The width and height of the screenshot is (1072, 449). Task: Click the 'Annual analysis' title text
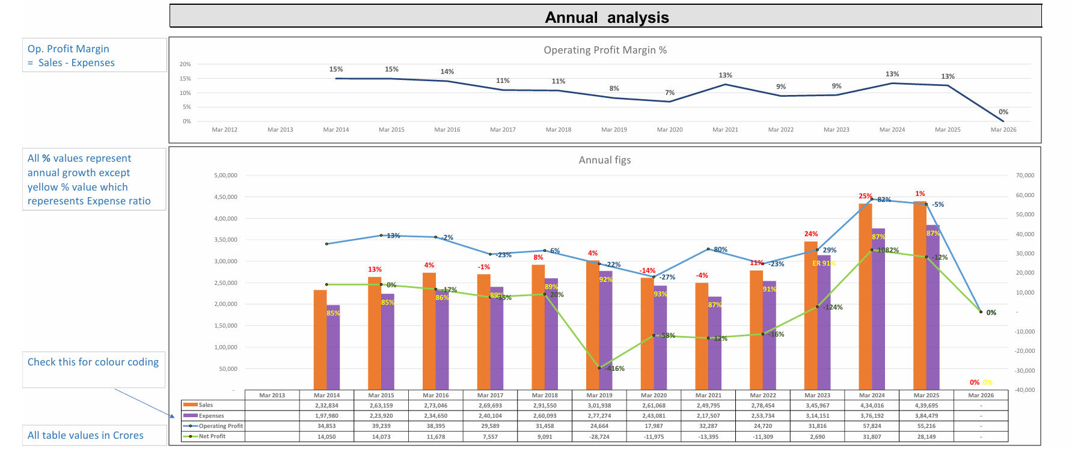click(x=607, y=17)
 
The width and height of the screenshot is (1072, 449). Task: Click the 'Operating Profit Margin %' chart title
click(x=605, y=50)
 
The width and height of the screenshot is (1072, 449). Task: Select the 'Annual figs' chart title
click(x=604, y=160)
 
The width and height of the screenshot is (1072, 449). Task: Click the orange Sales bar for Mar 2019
click(x=592, y=325)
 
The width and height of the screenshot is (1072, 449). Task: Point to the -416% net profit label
click(x=614, y=368)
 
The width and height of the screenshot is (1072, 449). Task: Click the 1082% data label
click(x=888, y=250)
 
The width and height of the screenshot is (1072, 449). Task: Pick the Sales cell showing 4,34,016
click(x=872, y=405)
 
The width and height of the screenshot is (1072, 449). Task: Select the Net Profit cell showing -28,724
click(x=599, y=437)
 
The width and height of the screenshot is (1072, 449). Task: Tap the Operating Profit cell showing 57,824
click(x=872, y=426)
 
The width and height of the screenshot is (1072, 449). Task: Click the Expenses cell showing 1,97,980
click(x=326, y=416)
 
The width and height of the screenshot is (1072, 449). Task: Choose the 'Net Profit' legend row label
click(x=212, y=436)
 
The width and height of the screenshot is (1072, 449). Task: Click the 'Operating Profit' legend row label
click(x=221, y=426)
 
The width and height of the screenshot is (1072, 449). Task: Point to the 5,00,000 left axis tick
click(x=225, y=176)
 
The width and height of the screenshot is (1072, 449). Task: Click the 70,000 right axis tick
click(x=1025, y=176)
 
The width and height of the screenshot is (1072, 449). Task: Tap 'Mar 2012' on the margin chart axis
click(x=224, y=130)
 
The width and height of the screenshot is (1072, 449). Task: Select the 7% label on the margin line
click(x=670, y=93)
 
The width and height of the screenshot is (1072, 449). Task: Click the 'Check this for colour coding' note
click(x=93, y=362)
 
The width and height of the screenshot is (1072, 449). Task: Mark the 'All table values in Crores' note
click(x=85, y=435)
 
